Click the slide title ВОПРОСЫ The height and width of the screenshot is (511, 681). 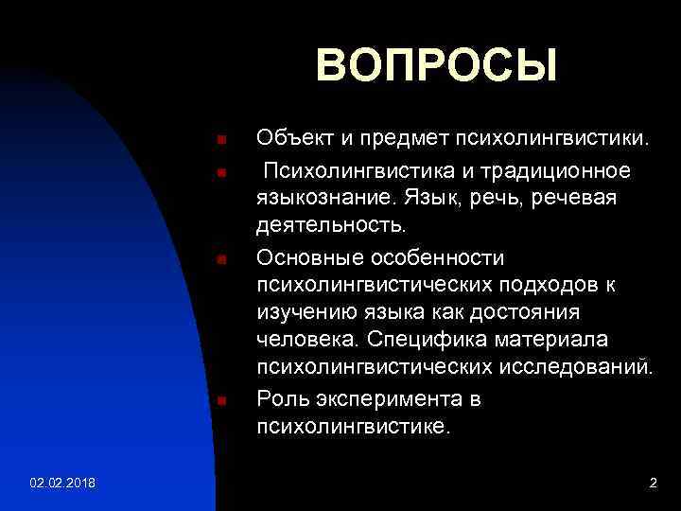(436, 66)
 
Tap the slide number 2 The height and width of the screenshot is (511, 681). (653, 484)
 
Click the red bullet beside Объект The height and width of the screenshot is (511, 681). (220, 141)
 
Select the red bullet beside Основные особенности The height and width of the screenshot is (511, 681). (220, 258)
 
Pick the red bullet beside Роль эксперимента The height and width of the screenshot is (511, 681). (220, 400)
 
